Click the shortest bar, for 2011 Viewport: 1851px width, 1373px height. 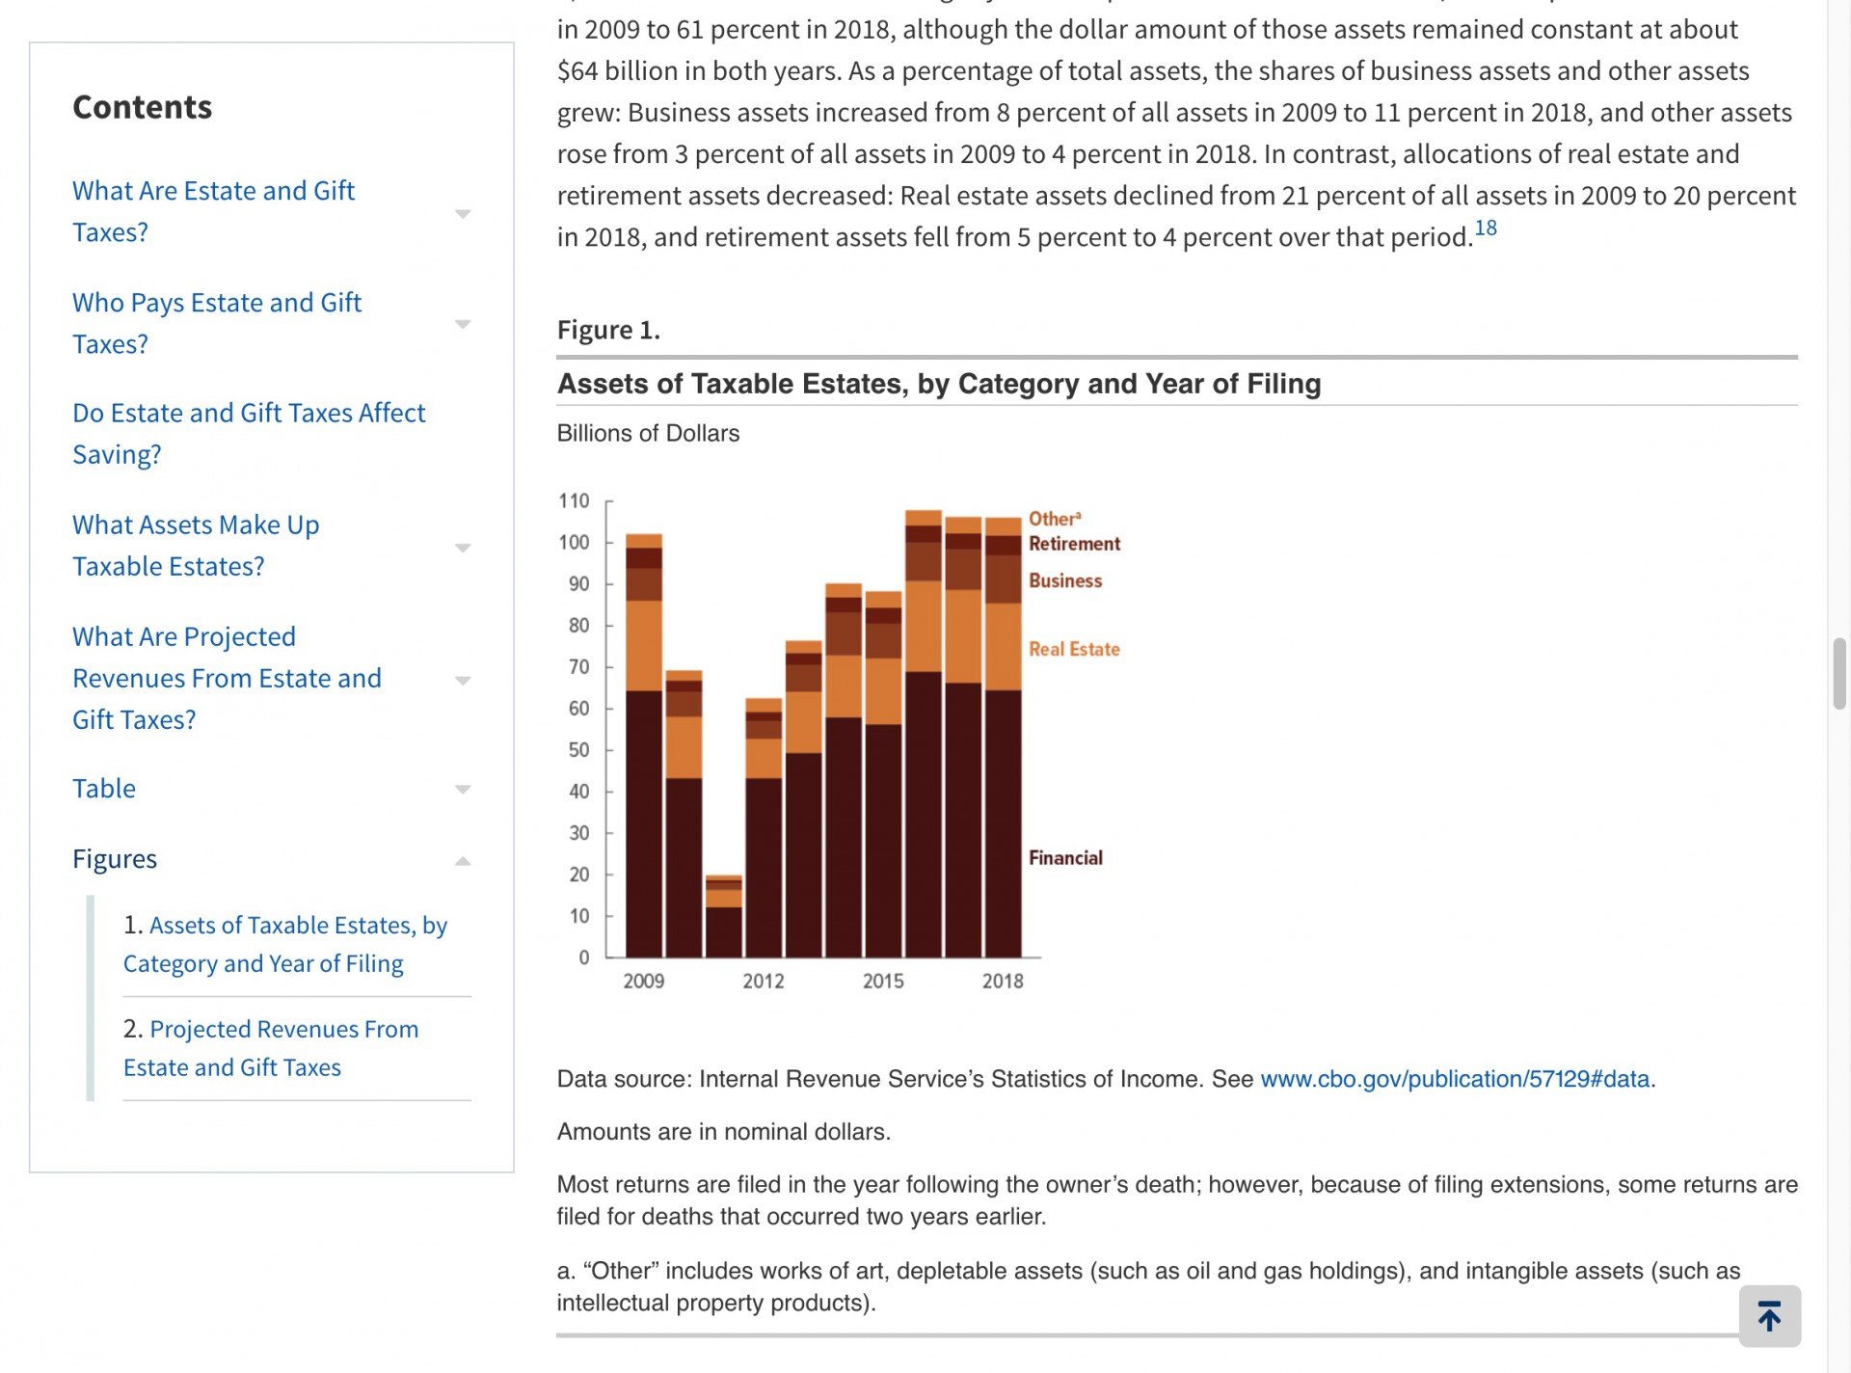pyautogui.click(x=723, y=917)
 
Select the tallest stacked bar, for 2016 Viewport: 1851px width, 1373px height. pyautogui.click(x=923, y=734)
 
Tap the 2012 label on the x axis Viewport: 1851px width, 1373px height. pyautogui.click(x=763, y=981)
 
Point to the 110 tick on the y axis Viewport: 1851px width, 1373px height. pyautogui.click(x=574, y=501)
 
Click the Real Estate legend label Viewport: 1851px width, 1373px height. pyautogui.click(x=1073, y=649)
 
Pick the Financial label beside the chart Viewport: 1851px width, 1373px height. pyautogui.click(x=1064, y=858)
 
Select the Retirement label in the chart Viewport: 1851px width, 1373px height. pyautogui.click(x=1074, y=544)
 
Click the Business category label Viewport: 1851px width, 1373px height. pyautogui.click(x=1064, y=580)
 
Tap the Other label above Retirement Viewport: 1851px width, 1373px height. pyautogui.click(x=1054, y=519)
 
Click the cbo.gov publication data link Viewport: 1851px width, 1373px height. pyautogui.click(x=1454, y=1079)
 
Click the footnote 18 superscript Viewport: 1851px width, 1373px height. pyautogui.click(x=1485, y=229)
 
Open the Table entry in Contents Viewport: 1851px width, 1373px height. pyautogui.click(x=104, y=789)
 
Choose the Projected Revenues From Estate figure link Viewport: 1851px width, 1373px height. pyautogui.click(x=271, y=1048)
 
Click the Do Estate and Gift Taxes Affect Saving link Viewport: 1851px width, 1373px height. pyautogui.click(x=249, y=433)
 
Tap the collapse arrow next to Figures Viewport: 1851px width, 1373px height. pyautogui.click(x=463, y=861)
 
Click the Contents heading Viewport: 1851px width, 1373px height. pyautogui.click(x=143, y=107)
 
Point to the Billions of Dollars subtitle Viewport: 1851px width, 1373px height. pyautogui.click(x=648, y=434)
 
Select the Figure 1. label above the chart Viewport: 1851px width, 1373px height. pyautogui.click(x=608, y=330)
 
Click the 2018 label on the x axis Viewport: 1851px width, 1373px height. pyautogui.click(x=1002, y=981)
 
